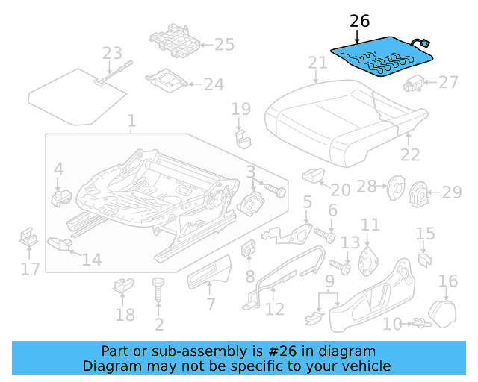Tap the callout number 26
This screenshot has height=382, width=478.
(359, 22)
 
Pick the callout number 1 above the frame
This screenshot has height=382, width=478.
(131, 121)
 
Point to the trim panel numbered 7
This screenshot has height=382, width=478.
(208, 277)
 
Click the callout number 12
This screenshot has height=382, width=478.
(275, 309)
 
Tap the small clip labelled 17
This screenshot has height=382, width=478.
(28, 239)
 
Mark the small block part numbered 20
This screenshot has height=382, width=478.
(311, 175)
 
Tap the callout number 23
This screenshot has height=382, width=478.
(111, 53)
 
